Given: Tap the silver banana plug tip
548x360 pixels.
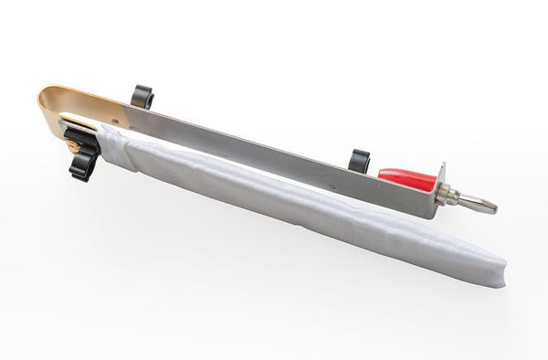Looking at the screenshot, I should tap(479, 204).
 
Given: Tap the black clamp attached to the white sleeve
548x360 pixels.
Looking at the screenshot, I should tap(80, 151).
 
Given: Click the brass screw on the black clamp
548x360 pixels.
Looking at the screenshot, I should tap(69, 143).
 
